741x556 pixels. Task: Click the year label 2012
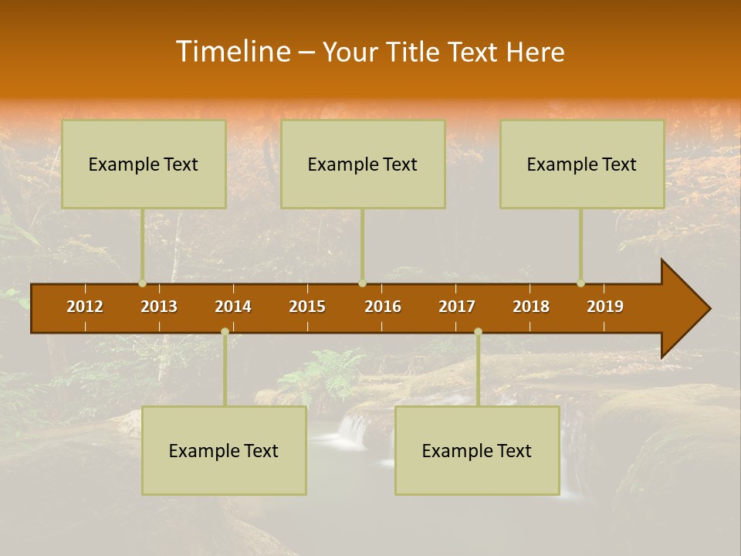pos(85,307)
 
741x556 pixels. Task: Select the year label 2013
pos(159,307)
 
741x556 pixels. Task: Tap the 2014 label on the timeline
pos(233,307)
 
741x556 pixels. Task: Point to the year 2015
pos(307,307)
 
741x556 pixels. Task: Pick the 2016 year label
pos(383,307)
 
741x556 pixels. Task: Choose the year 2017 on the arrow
pos(457,307)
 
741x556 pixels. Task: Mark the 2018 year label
pos(531,307)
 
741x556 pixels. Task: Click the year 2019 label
pos(605,307)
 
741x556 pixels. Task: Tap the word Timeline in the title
pos(232,52)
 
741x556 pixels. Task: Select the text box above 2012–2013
pos(144,164)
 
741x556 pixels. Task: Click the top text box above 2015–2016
pos(363,164)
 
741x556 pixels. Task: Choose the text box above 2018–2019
pos(582,164)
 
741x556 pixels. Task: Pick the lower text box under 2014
pos(224,450)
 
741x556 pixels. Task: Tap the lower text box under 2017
pos(477,450)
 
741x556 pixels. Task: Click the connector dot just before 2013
pos(143,283)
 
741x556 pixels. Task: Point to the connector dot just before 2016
pos(363,283)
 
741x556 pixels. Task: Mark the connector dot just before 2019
pos(581,283)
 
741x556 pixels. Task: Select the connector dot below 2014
pos(225,331)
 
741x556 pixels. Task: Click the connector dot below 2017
pos(478,331)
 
